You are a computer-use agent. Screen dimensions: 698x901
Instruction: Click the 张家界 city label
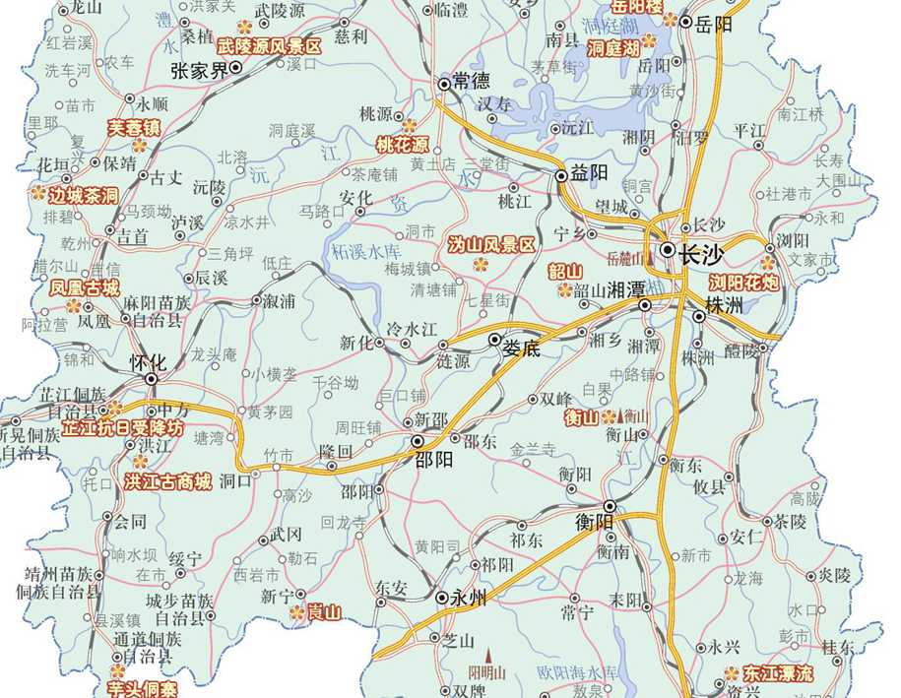pyautogui.click(x=198, y=71)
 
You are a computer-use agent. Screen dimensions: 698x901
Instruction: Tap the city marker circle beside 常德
pyautogui.click(x=443, y=85)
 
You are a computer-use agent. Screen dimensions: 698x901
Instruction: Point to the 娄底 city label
pyautogui.click(x=523, y=348)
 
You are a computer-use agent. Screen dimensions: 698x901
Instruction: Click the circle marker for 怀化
pyautogui.click(x=151, y=378)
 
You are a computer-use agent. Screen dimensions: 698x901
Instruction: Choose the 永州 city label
pyautogui.click(x=469, y=597)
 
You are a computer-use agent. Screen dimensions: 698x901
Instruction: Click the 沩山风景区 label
pyautogui.click(x=490, y=244)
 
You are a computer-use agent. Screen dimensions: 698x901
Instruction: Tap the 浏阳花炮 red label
pyautogui.click(x=744, y=282)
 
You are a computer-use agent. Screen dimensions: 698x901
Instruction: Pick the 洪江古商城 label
pyautogui.click(x=168, y=481)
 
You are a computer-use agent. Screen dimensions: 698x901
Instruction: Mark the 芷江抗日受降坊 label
pyautogui.click(x=122, y=429)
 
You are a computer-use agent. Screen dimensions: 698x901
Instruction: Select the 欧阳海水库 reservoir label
pyautogui.click(x=577, y=671)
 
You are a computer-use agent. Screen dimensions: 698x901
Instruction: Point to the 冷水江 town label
pyautogui.click(x=411, y=329)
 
